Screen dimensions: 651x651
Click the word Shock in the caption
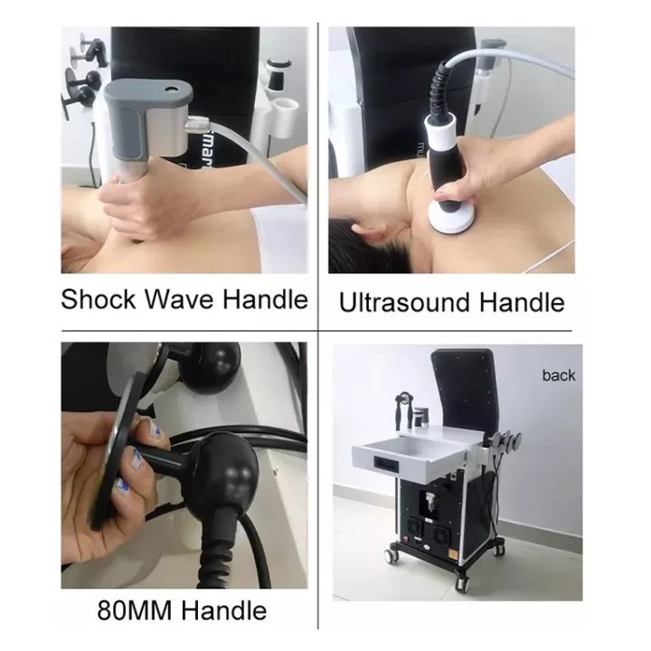(x=98, y=298)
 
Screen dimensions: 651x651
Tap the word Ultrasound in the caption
(x=404, y=302)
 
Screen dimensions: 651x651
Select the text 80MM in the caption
(x=134, y=610)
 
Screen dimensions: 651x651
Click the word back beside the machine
(x=559, y=375)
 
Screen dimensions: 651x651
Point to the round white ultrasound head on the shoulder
(x=451, y=215)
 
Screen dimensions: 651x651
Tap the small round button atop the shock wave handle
(x=171, y=89)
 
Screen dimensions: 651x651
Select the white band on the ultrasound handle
(x=440, y=134)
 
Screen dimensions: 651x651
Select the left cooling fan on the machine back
(x=413, y=526)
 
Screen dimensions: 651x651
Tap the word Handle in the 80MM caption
(x=224, y=610)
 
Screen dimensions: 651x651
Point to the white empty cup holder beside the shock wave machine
(x=285, y=111)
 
